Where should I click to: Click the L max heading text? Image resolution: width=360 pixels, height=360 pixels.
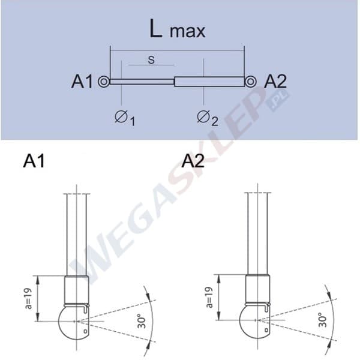tap(177, 29)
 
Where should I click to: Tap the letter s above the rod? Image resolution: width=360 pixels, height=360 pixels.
tap(151, 59)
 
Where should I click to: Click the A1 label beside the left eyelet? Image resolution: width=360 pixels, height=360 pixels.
tap(82, 82)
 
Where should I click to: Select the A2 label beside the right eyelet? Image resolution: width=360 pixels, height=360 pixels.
tap(275, 82)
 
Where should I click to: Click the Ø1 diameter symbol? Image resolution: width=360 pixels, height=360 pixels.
tap(125, 118)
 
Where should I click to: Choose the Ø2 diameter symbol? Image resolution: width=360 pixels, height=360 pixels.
tap(208, 118)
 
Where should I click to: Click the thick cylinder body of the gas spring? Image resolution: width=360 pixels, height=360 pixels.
tap(209, 82)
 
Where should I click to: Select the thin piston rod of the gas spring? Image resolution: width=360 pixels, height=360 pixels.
tap(142, 82)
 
